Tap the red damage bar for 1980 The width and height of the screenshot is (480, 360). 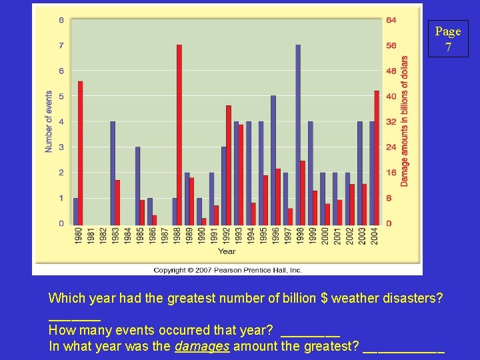tap(81, 153)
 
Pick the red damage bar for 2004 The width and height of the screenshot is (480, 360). tap(377, 157)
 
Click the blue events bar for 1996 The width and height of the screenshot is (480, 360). tap(273, 160)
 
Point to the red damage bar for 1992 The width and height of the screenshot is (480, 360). tap(229, 165)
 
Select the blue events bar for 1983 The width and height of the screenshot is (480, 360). tap(113, 173)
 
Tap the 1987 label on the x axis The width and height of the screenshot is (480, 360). tap(165, 235)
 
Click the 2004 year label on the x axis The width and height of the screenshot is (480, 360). tap(375, 235)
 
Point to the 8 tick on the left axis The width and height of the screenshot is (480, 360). tap(61, 20)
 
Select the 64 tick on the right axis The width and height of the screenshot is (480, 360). tap(391, 20)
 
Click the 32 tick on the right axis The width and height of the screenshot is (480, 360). tap(391, 122)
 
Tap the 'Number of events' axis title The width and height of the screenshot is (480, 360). tap(49, 121)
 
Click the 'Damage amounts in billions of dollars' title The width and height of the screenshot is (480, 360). tap(405, 120)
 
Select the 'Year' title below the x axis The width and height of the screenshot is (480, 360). tap(227, 251)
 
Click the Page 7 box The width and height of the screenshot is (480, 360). tap(448, 39)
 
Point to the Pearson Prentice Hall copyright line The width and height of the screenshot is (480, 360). tap(227, 270)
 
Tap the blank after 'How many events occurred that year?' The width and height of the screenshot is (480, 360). tap(311, 331)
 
